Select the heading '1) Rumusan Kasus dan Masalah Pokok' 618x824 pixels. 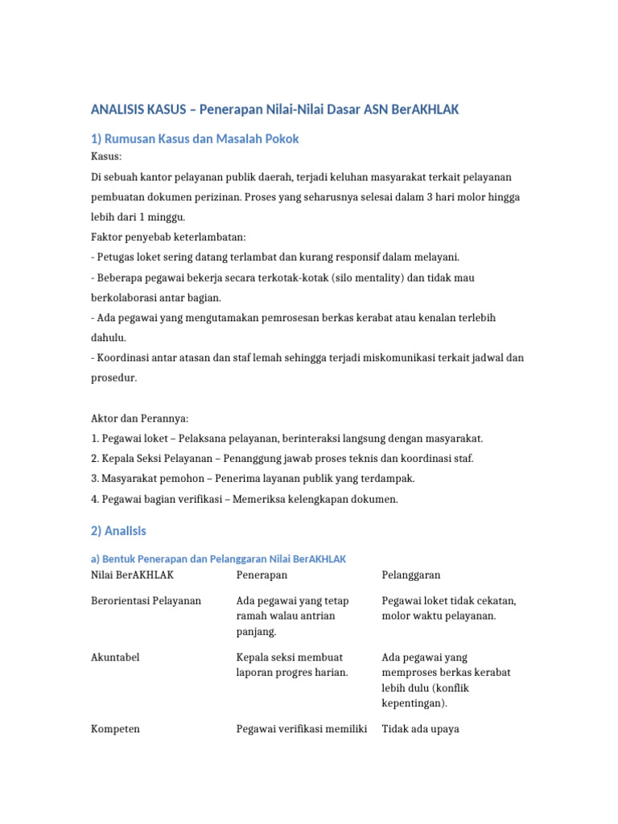click(195, 138)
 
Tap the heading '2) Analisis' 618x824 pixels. click(119, 531)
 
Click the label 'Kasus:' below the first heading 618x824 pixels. click(106, 156)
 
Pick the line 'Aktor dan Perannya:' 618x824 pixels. click(139, 418)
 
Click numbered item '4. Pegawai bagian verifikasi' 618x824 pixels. click(163, 499)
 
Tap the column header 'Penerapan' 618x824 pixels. click(262, 575)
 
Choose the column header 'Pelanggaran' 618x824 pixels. click(410, 575)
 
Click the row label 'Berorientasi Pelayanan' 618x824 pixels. click(146, 601)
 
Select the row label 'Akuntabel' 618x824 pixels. click(115, 657)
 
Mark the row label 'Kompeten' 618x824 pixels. click(115, 729)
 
